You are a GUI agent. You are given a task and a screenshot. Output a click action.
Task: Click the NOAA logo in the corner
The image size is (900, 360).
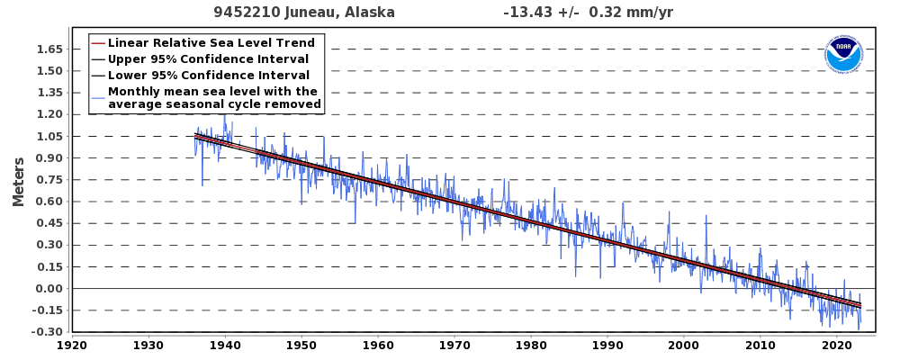(x=843, y=55)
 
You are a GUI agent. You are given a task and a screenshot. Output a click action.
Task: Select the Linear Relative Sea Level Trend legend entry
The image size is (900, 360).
(x=211, y=43)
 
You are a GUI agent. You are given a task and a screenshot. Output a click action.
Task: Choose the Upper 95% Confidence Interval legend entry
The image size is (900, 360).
(x=208, y=59)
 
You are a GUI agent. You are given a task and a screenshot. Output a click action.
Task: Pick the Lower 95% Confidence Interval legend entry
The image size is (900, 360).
(x=208, y=76)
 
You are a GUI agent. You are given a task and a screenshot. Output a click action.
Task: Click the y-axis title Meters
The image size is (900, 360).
(x=19, y=182)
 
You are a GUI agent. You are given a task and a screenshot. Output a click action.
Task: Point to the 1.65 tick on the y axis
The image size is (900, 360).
(x=50, y=49)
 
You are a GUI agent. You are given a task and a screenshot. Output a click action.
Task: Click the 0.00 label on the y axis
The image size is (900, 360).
(x=50, y=289)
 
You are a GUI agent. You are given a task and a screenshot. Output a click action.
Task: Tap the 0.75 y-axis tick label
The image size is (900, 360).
(x=50, y=180)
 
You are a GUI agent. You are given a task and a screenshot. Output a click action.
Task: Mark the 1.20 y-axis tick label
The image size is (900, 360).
(x=50, y=114)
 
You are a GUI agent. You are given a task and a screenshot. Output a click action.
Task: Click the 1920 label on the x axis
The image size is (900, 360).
(x=72, y=345)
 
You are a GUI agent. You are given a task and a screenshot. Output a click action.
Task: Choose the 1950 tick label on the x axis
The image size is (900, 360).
(x=301, y=345)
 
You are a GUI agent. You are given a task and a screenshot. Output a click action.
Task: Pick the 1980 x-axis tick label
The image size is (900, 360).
(x=531, y=345)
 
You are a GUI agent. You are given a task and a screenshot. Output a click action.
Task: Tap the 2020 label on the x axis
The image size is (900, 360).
(x=837, y=345)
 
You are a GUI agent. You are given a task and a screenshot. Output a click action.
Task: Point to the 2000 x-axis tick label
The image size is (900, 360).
(x=684, y=345)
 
